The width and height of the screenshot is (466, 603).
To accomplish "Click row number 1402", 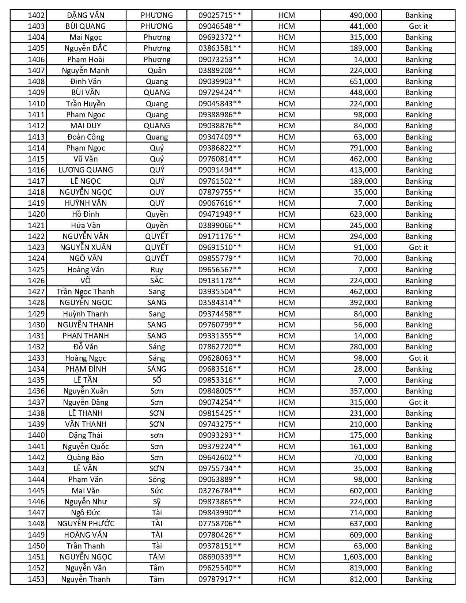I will pyautogui.click(x=36, y=15).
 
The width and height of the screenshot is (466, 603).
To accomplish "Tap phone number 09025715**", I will pyautogui.click(x=220, y=15).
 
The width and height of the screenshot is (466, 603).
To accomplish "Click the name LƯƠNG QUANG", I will pyautogui.click(x=86, y=170).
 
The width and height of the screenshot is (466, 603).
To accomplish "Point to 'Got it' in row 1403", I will pyautogui.click(x=418, y=26).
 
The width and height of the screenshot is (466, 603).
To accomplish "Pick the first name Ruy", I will pyautogui.click(x=157, y=270).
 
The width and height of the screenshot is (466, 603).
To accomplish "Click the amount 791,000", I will pyautogui.click(x=363, y=148).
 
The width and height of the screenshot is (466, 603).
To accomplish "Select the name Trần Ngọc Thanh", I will pyautogui.click(x=86, y=292).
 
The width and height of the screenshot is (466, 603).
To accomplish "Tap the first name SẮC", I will pyautogui.click(x=157, y=281).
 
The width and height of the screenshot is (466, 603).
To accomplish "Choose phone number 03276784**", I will pyautogui.click(x=220, y=491).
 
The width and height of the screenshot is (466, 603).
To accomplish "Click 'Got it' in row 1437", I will pyautogui.click(x=418, y=402).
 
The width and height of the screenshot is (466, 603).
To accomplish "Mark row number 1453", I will pyautogui.click(x=36, y=579).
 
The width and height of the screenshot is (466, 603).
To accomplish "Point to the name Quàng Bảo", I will pyautogui.click(x=86, y=458).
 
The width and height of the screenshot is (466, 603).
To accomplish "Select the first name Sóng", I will pyautogui.click(x=157, y=479).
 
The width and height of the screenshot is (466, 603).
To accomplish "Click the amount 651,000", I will pyautogui.click(x=363, y=81).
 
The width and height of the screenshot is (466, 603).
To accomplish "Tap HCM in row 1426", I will pyautogui.click(x=286, y=281).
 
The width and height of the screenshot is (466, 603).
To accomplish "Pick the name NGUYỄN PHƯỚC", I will pyautogui.click(x=86, y=524).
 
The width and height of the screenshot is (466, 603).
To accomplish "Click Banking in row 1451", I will pyautogui.click(x=418, y=557).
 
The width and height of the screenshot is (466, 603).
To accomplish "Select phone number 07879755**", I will pyautogui.click(x=220, y=192).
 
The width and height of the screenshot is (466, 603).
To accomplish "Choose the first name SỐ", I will pyautogui.click(x=157, y=380).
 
